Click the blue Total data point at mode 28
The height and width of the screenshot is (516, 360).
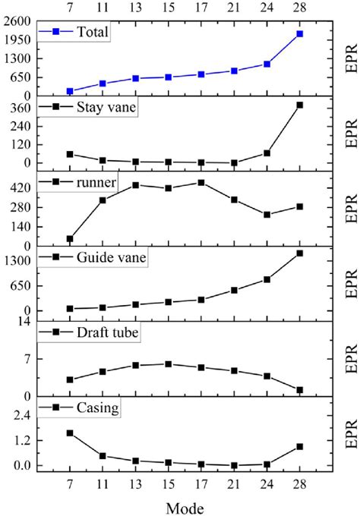(x=300, y=34)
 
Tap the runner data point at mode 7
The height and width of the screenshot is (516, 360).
(x=70, y=239)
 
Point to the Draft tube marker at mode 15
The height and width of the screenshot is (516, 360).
(x=169, y=364)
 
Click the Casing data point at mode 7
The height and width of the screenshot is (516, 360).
(x=70, y=433)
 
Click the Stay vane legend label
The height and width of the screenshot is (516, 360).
(x=106, y=107)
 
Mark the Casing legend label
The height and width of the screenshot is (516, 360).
(x=97, y=407)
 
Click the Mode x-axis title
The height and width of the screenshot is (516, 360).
(x=185, y=505)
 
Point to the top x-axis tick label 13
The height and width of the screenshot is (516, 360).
(x=135, y=8)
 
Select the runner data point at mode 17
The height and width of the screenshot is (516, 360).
(x=201, y=182)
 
